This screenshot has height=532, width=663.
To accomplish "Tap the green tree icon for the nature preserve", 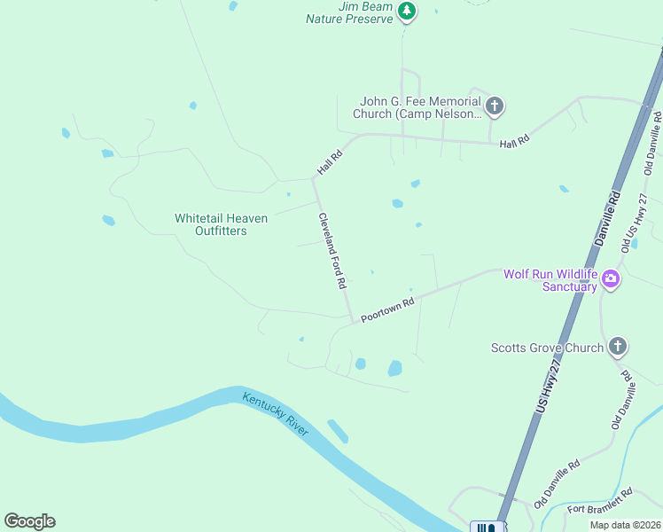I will coord(407,12).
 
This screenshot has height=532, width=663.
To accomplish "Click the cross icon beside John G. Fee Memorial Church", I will coord(495,107).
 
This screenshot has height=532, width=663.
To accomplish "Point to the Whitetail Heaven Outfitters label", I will coord(210,224).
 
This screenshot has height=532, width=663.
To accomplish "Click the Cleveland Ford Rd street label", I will coord(332,251).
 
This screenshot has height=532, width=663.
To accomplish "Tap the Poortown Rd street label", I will coord(388,310).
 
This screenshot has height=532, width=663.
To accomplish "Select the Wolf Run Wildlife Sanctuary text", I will coord(550,280).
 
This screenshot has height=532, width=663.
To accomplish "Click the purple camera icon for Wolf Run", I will coord(610,280).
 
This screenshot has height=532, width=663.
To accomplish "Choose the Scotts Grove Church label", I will coord(547,348).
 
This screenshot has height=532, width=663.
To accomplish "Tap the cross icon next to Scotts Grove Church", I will coord(618,348).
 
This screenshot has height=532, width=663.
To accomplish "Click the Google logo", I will coord(29,521).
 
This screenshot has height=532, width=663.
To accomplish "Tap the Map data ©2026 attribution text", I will coord(625,525).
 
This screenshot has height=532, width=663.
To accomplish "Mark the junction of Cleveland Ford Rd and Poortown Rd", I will coord(353,322).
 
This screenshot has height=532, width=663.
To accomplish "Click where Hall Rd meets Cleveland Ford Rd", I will coord(313,179).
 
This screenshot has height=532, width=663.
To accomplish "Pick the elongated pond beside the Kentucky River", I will coord(337,431).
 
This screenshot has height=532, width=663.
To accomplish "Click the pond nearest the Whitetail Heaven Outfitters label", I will coord(109,220).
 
